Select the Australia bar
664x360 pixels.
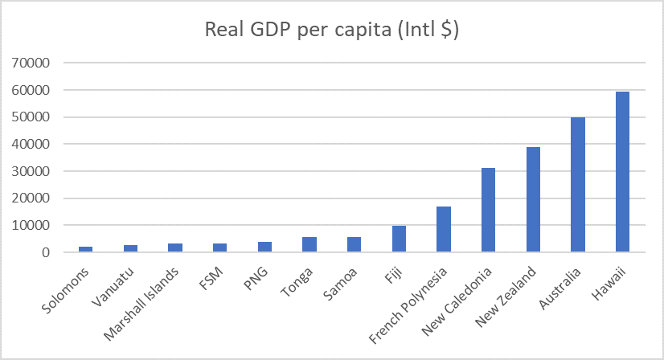[577, 185]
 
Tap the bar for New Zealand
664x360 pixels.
[532, 200]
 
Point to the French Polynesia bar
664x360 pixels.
[443, 230]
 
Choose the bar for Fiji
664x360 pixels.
[399, 239]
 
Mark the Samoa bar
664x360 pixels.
[355, 245]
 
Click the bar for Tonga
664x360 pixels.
[309, 245]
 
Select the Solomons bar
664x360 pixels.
[86, 249]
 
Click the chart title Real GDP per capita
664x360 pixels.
[331, 30]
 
